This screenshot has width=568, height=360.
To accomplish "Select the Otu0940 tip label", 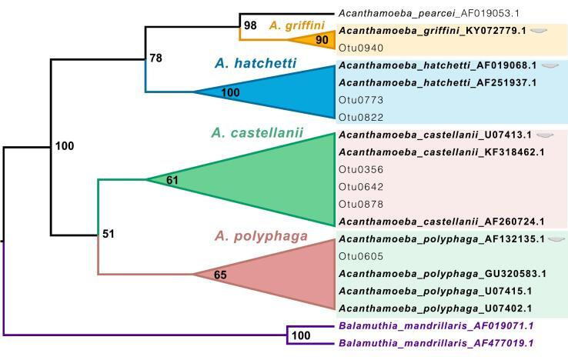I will coord(356,47).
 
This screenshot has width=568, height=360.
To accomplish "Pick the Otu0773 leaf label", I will coord(356,100).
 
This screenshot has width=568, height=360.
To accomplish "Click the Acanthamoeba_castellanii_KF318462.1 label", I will coord(441,152).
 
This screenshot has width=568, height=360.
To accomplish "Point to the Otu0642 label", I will coord(356,187).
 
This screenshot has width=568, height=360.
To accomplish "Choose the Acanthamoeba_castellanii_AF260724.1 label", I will coord(441,222).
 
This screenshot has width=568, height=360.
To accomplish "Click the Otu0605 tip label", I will coord(356,256).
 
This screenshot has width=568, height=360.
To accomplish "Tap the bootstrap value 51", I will coord(109,233).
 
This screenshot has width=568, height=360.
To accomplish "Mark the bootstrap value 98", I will coord(250,25).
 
